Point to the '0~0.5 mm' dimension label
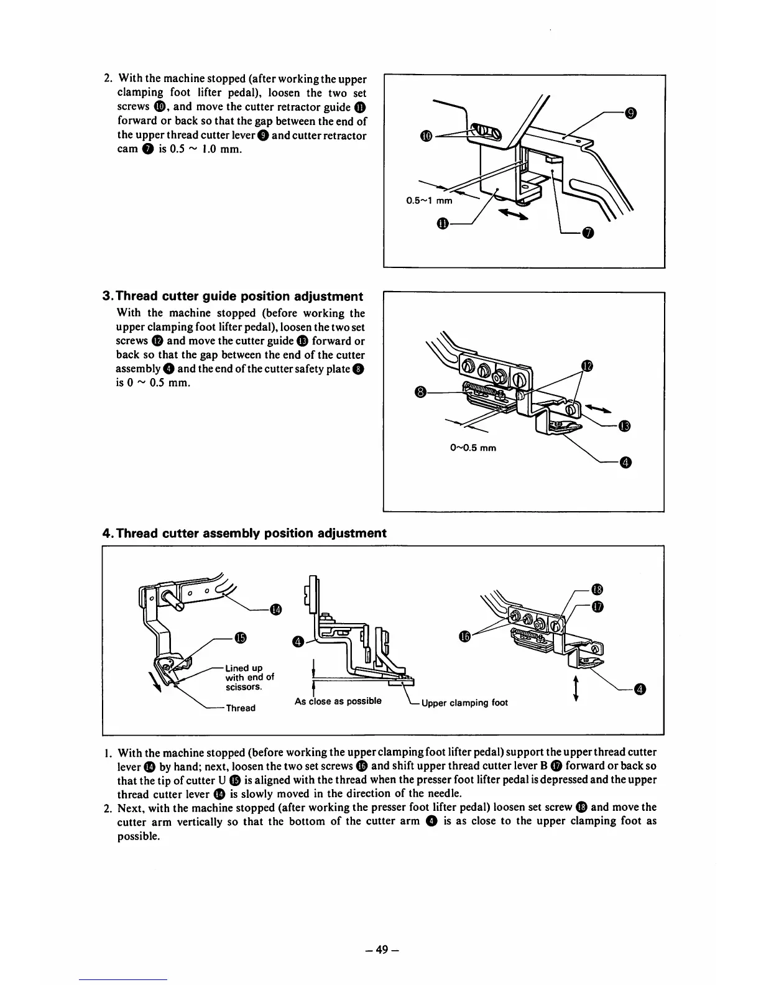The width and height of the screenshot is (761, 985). click(472, 447)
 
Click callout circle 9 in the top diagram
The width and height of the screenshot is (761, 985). click(630, 113)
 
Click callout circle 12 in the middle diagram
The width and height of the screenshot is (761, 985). click(585, 365)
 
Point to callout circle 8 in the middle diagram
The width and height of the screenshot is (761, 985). click(420, 392)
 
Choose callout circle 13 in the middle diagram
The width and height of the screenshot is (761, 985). click(625, 426)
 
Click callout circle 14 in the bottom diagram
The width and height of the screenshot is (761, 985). click(276, 609)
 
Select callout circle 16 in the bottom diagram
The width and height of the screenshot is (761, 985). click(463, 636)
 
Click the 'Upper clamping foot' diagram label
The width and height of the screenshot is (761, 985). click(464, 703)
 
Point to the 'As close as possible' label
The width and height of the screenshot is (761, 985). click(338, 701)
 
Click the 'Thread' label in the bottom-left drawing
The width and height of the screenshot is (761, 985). click(240, 708)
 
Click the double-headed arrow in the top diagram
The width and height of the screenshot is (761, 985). click(513, 214)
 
